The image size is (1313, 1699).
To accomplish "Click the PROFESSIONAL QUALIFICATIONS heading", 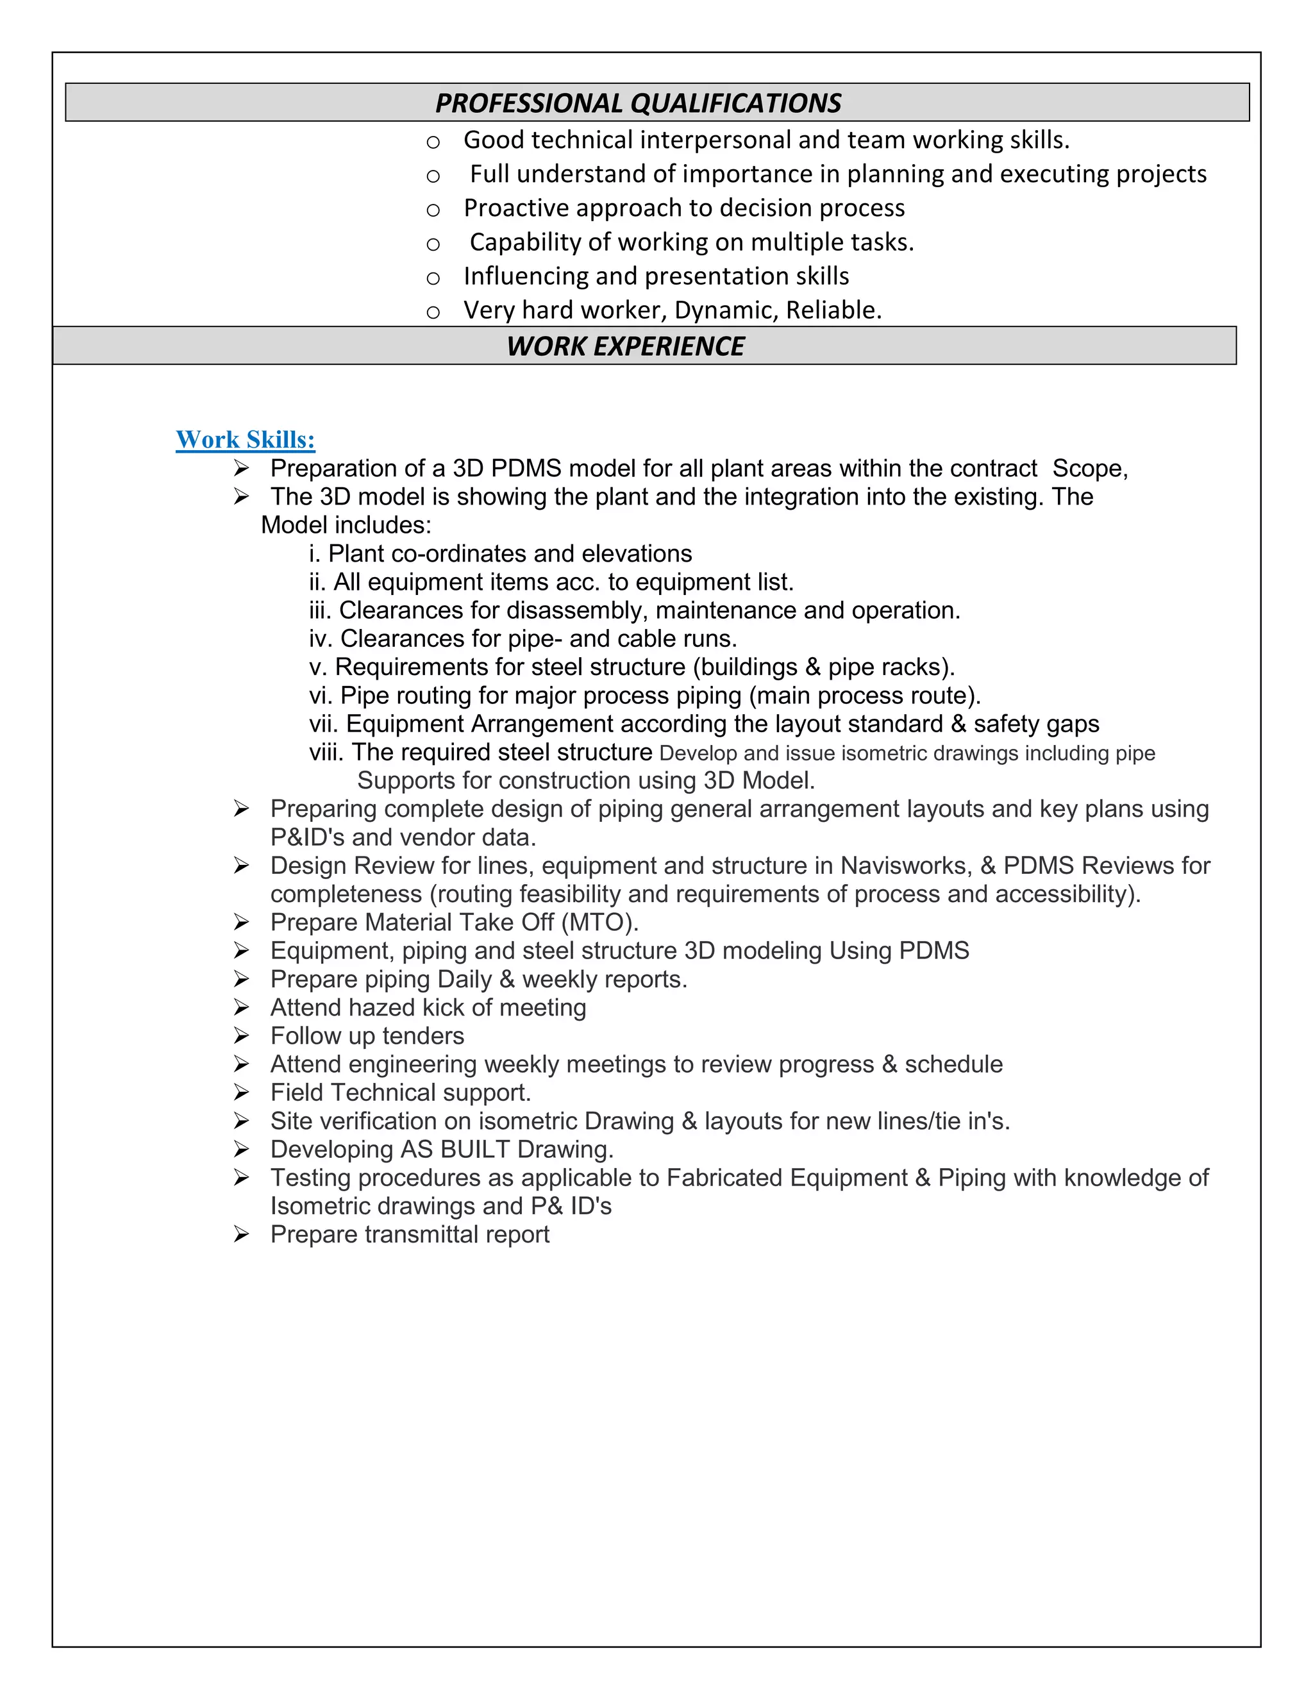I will coord(638,103).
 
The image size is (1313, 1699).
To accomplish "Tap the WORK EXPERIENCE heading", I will coord(625,346).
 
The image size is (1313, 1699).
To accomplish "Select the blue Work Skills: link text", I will coord(245,440).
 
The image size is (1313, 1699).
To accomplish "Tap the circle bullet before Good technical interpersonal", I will coord(433,142).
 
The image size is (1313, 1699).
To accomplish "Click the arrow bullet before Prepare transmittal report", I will coord(241,1234).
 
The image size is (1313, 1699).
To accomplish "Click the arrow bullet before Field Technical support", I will coord(241,1092).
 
